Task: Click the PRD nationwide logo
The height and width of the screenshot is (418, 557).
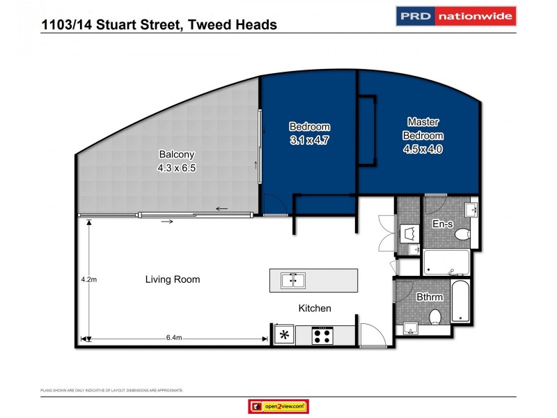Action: point(455,16)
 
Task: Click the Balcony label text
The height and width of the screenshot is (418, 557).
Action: point(172,155)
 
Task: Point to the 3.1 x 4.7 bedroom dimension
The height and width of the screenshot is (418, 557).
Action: point(309,139)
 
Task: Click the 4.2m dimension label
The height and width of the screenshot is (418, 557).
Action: point(88,279)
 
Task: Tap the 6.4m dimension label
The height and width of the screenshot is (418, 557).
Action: point(174,338)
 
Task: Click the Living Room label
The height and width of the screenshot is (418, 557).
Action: point(172,279)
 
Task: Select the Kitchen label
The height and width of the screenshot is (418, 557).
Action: point(315,308)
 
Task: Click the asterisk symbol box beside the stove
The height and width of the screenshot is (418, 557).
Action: point(283,335)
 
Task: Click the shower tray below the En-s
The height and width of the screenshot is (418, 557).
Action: point(446,263)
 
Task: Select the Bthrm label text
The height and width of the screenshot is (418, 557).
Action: point(430,297)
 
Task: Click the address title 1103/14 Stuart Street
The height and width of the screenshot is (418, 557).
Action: point(159,25)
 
